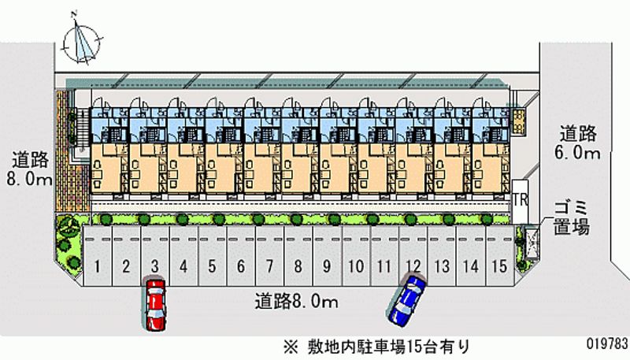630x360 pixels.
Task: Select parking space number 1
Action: click(x=97, y=266)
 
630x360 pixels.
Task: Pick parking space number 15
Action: click(x=497, y=266)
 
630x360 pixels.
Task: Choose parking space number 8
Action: click(x=298, y=266)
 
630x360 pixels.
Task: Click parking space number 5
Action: click(x=212, y=266)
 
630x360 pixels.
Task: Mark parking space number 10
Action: click(x=355, y=266)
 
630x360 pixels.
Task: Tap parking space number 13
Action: click(x=442, y=266)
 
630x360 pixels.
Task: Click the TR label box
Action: click(x=519, y=199)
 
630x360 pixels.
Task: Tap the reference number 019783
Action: click(x=606, y=344)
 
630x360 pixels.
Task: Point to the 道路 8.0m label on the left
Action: click(x=29, y=169)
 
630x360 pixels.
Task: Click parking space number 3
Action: click(x=155, y=266)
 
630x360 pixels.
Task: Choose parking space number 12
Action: click(x=413, y=266)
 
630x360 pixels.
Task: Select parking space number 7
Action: click(x=269, y=266)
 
